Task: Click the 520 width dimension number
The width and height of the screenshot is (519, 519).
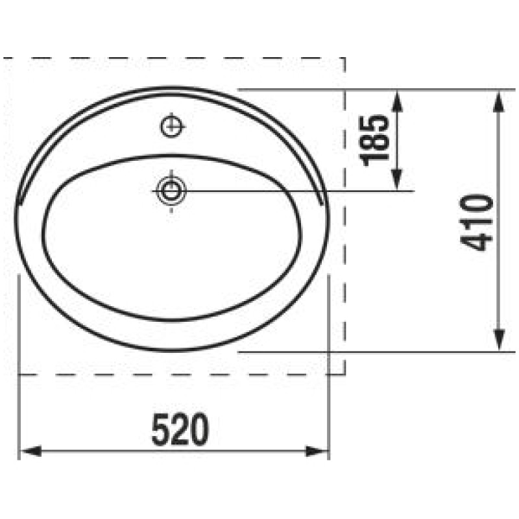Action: tap(180, 429)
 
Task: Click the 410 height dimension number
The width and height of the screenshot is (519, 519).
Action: tap(477, 223)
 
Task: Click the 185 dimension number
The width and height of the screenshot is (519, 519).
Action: tap(374, 140)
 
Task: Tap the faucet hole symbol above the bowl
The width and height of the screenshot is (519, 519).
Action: tap(172, 126)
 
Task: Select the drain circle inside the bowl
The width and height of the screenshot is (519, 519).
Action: tap(171, 191)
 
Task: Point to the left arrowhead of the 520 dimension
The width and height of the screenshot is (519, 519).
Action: tap(30, 451)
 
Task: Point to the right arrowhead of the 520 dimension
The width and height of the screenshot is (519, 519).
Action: tap(317, 451)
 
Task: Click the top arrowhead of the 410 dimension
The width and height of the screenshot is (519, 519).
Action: tap(499, 102)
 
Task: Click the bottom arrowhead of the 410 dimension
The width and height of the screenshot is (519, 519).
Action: tap(499, 340)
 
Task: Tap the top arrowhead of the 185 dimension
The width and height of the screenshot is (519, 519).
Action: tap(397, 101)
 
